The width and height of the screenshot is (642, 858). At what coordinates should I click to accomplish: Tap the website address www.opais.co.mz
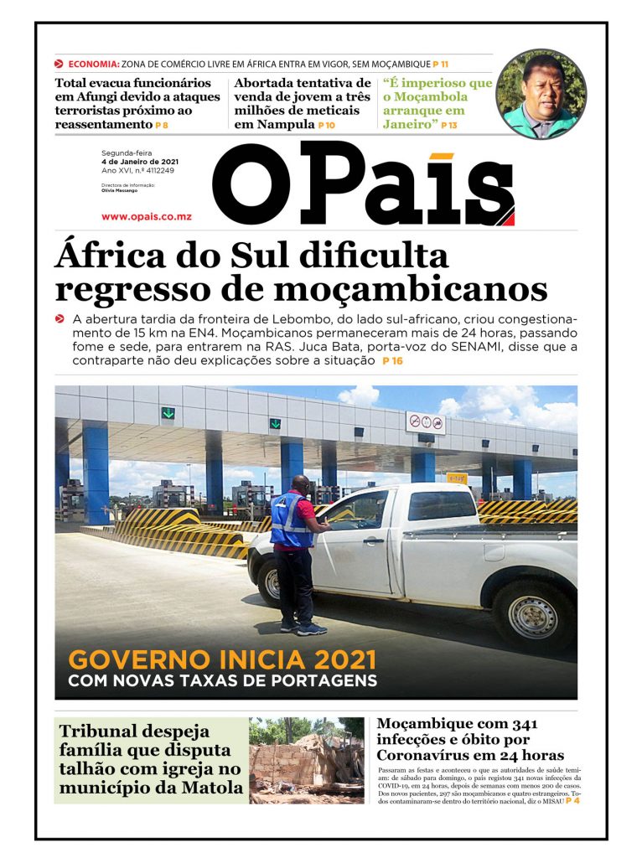click(x=146, y=217)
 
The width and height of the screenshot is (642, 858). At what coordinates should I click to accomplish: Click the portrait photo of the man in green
click(x=541, y=94)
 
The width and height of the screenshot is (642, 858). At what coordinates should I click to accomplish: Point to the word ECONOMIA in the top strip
click(x=94, y=64)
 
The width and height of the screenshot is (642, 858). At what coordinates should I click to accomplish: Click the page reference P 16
click(x=392, y=361)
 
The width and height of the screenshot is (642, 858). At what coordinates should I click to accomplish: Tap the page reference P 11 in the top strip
click(x=441, y=64)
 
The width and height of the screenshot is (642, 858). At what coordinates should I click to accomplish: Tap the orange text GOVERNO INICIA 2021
click(x=222, y=660)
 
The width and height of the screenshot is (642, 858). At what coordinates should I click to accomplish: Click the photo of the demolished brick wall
click(x=307, y=760)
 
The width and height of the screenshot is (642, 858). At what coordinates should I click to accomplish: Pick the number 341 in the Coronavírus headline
click(x=518, y=723)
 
